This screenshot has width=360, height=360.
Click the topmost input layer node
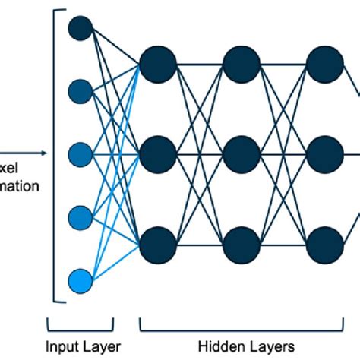point(80,28)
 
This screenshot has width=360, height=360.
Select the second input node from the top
point(80,91)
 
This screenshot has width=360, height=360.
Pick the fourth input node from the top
point(80,219)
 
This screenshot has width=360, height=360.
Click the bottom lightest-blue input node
point(80,281)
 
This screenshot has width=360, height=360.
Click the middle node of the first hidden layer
point(158,154)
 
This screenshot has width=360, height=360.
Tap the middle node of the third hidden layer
point(325,154)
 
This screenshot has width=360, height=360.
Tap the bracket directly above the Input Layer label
point(80,325)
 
